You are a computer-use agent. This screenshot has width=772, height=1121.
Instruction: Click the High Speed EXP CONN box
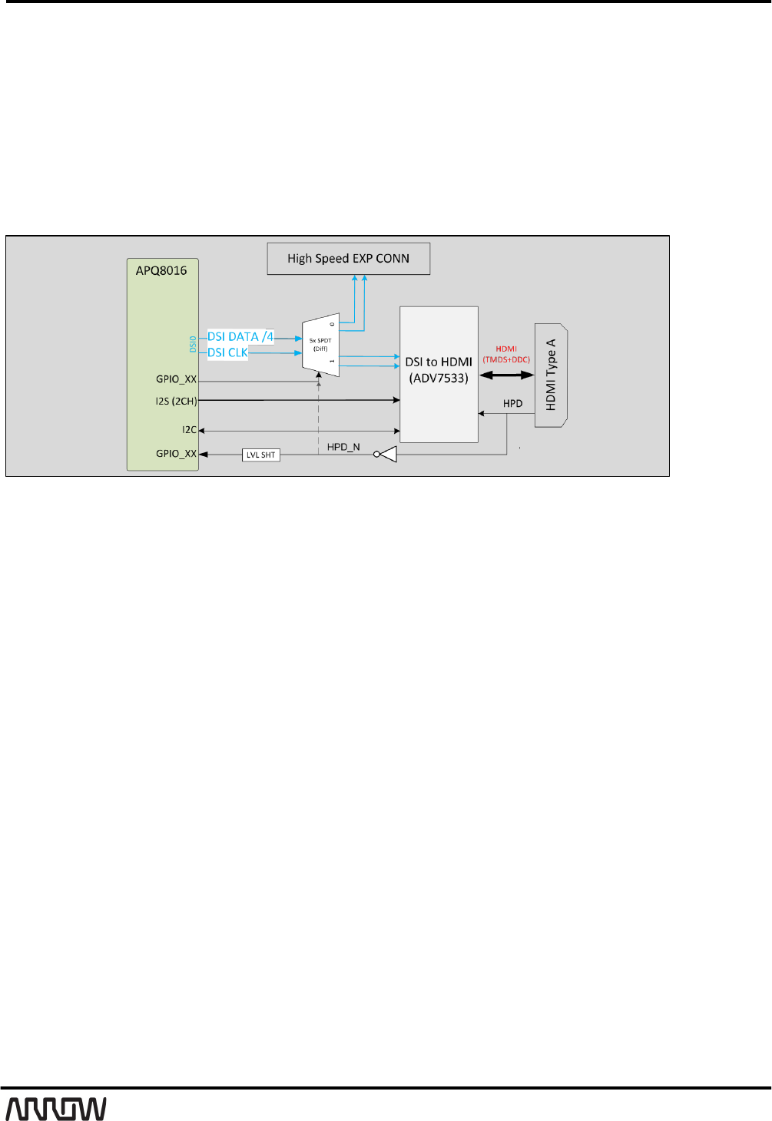click(x=348, y=259)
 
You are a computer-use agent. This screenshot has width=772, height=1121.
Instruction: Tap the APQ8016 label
click(x=161, y=270)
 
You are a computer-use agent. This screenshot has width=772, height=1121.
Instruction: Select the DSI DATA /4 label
click(x=240, y=336)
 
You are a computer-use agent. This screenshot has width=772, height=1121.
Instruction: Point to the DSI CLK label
click(x=227, y=352)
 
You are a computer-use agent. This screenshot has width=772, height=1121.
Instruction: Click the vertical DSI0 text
click(x=193, y=344)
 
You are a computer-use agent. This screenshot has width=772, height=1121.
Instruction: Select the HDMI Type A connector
click(x=551, y=375)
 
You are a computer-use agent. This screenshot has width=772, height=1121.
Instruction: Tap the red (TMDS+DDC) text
click(x=506, y=359)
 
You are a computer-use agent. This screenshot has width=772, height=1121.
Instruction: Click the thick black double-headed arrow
click(x=506, y=375)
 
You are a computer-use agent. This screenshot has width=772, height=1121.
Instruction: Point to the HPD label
click(x=512, y=403)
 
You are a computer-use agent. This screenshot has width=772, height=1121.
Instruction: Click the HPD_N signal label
click(x=343, y=447)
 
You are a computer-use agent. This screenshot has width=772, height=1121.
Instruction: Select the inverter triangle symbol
click(x=387, y=455)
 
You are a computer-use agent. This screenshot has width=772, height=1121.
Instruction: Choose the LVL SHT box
click(x=260, y=455)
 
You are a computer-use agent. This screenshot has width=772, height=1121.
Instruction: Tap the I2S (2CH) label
click(x=176, y=401)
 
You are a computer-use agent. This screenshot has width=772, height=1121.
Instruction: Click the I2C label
click(x=189, y=430)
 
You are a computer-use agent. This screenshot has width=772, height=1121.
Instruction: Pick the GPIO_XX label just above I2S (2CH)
click(x=176, y=379)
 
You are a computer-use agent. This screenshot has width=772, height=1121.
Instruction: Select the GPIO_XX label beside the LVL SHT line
click(x=176, y=454)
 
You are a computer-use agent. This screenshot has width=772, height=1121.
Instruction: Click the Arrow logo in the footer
click(x=56, y=1109)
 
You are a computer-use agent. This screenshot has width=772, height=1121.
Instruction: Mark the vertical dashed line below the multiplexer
click(x=318, y=415)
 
